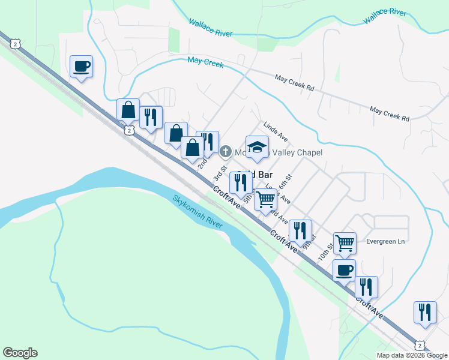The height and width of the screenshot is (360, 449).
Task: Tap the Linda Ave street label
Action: coord(276,131)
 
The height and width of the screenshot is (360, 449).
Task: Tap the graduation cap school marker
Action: coord(257,147)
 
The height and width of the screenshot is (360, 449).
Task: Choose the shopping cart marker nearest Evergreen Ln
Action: coord(345,243)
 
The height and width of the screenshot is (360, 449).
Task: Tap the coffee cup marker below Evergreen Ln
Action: coord(344,270)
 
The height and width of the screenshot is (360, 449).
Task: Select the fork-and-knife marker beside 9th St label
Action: coord(300,230)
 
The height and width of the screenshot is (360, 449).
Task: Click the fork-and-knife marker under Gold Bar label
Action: coord(241,184)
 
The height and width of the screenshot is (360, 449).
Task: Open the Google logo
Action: coord(20,353)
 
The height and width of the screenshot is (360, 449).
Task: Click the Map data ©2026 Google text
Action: coord(412,355)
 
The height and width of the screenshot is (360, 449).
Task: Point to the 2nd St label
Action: coord(203,163)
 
